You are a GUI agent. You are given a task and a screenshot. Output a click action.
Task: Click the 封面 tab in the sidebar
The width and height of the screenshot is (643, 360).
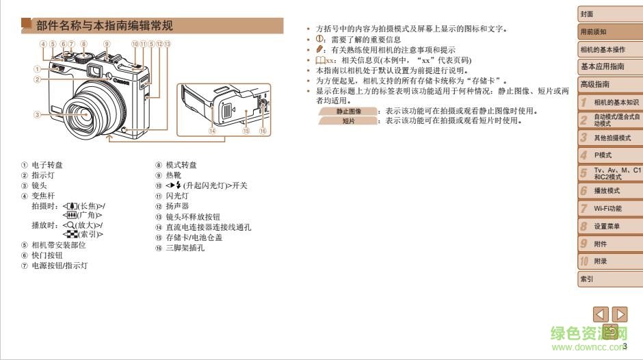click(609, 14)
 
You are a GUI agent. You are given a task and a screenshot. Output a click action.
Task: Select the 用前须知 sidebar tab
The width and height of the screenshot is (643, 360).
click(609, 32)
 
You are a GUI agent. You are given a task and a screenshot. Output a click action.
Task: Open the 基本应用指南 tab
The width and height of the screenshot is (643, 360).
click(609, 67)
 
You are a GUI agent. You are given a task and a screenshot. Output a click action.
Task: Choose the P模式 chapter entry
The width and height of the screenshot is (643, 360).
click(609, 155)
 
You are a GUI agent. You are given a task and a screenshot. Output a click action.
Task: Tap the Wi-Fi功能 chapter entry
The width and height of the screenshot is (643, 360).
click(609, 208)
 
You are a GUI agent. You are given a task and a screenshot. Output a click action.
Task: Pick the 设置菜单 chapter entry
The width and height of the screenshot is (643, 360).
click(609, 226)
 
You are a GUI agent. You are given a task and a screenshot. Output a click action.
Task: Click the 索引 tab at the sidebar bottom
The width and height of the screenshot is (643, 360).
click(609, 279)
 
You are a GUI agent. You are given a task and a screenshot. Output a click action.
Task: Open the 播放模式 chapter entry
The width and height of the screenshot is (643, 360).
click(609, 190)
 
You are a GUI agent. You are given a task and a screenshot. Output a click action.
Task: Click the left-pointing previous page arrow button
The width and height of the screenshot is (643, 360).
click(601, 315)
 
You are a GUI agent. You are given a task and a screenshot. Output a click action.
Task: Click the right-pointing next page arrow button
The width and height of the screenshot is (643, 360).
click(619, 315)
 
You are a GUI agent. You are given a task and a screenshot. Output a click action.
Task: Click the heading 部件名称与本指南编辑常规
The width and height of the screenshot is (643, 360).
click(104, 26)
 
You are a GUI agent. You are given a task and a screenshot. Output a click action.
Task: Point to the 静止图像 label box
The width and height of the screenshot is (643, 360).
click(349, 111)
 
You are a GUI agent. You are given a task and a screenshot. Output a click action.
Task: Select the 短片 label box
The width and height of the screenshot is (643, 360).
click(349, 120)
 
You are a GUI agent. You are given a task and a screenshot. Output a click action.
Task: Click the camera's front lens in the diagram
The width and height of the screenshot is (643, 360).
click(90, 110)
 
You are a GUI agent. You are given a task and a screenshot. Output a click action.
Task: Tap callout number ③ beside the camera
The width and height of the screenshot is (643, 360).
click(37, 114)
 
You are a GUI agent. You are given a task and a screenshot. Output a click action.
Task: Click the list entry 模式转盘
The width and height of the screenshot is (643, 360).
click(181, 165)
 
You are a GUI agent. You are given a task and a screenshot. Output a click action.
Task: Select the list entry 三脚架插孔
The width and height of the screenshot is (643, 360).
click(185, 248)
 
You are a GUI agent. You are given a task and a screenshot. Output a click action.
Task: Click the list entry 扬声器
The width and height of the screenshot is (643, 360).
click(177, 206)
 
